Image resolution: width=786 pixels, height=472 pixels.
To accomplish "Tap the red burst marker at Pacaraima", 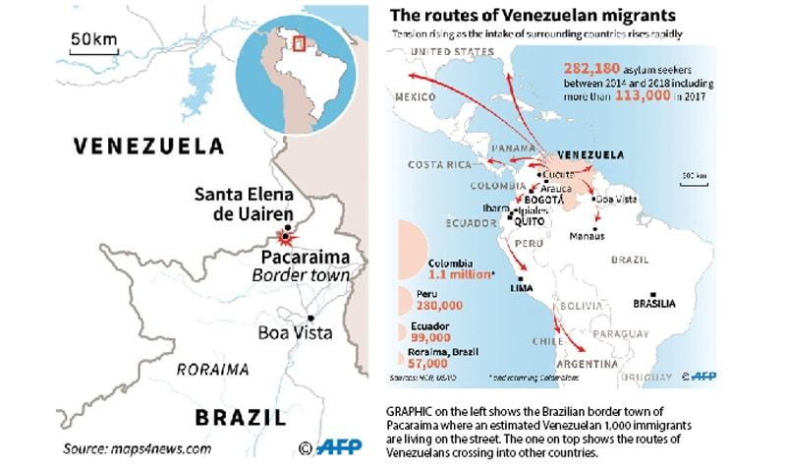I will coord(285,236).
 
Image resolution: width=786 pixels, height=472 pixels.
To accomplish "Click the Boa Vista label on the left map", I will coord(295,332).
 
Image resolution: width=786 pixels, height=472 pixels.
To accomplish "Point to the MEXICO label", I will coord(414,98).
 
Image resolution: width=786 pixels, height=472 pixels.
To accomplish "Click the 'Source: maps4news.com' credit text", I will coord(138,448).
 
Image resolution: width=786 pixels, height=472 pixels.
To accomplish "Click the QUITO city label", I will coord(522,221).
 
